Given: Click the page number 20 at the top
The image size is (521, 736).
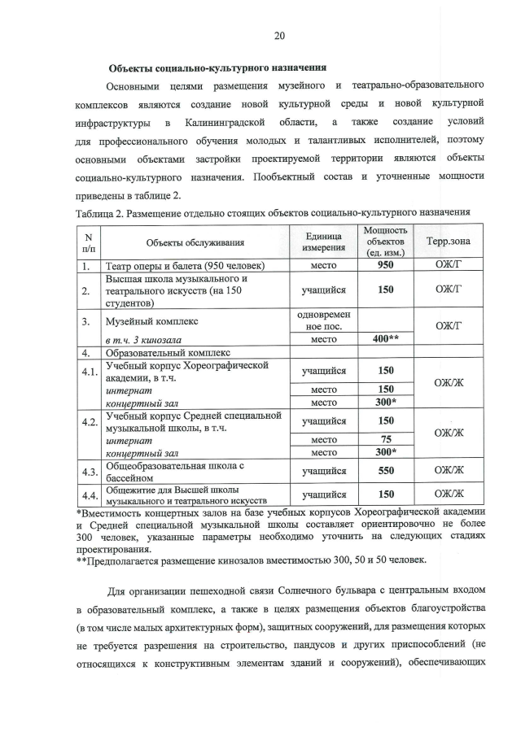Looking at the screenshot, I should [279, 36].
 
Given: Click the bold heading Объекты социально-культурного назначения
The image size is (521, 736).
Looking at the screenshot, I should [218, 67].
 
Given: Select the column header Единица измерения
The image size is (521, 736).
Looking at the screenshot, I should [324, 242].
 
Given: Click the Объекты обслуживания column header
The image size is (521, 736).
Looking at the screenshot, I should [195, 242].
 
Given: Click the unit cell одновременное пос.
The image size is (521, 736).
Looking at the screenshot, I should [324, 320].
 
